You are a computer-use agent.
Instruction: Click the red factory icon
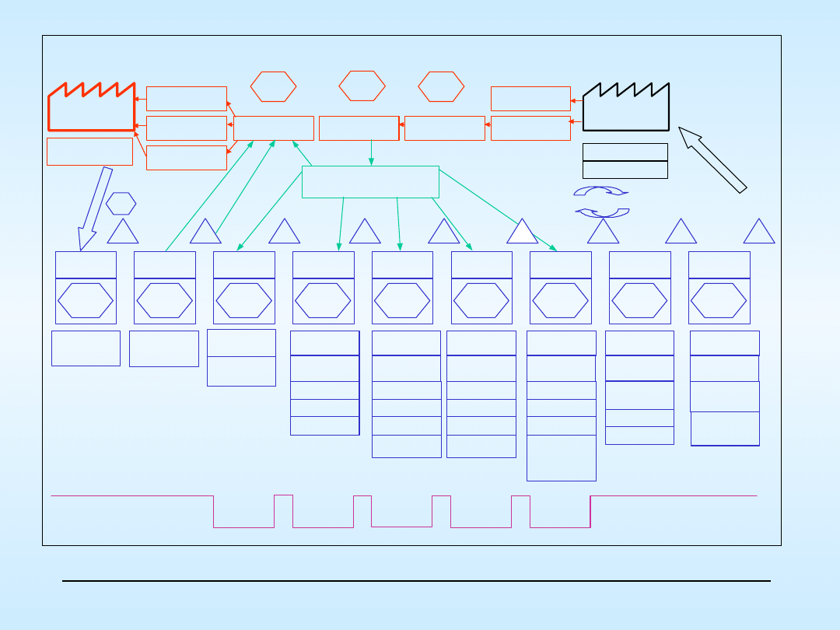coord(91,109)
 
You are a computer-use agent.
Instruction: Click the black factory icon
coord(625,110)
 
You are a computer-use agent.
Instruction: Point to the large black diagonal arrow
coord(712,159)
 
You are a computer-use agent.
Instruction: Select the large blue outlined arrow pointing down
coord(94,208)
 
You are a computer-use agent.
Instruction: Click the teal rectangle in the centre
coord(370,182)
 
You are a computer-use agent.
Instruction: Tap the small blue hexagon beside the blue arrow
coord(121,204)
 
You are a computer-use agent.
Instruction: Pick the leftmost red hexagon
coord(273,86)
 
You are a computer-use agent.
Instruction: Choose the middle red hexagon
coord(362,86)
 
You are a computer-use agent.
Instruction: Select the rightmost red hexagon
coord(441,86)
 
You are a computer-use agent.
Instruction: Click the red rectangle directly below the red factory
coord(89,152)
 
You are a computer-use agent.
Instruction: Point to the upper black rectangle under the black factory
coord(625,152)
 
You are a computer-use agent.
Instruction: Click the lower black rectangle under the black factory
coord(625,170)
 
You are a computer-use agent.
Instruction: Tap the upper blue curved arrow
coord(600,191)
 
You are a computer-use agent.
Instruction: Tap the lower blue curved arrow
coord(602,212)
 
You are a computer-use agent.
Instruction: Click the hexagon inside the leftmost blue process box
coord(86,300)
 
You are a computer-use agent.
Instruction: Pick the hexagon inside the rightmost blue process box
coord(719,300)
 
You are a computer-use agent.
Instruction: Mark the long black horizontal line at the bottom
coord(416,581)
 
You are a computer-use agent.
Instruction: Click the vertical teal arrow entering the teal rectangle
coord(371,153)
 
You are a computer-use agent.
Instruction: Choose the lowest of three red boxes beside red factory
coord(187,158)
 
